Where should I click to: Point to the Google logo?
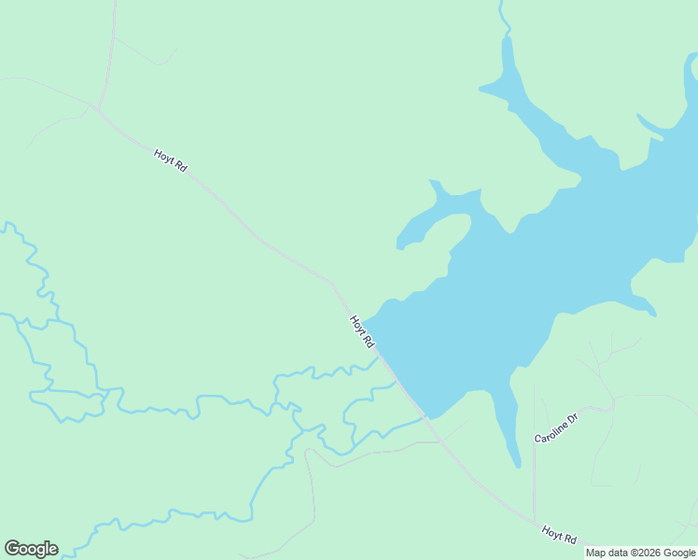coord(31,549)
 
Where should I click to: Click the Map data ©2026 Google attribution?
coord(640,553)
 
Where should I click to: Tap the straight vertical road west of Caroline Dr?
coord(534,448)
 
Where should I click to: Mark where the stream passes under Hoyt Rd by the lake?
coord(379,356)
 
